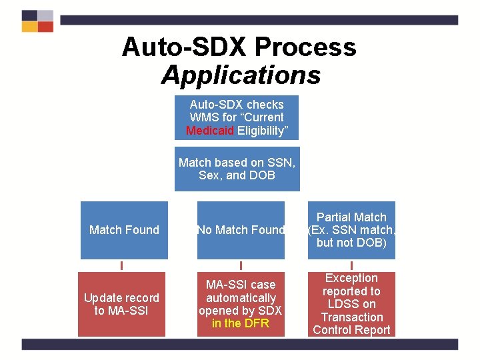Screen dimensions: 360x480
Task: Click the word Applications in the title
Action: point(241,75)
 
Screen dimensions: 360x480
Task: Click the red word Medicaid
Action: point(210,131)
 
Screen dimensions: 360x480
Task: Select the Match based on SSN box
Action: point(237,169)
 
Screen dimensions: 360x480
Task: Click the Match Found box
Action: point(124,230)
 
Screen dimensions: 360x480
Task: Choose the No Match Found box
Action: point(241,230)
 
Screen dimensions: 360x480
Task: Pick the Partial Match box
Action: point(351,230)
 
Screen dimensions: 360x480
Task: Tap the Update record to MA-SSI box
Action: point(121,304)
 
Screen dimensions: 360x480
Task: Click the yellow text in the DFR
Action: point(241,324)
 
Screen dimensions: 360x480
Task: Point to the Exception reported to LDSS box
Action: point(351,304)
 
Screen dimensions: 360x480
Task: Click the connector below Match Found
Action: point(121,265)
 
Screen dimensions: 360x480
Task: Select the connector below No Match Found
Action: point(241,265)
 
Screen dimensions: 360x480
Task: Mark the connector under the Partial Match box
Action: point(351,265)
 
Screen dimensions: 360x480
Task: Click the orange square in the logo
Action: point(29,27)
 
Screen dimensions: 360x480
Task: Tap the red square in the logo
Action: point(45,27)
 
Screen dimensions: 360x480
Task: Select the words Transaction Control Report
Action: point(351,323)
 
